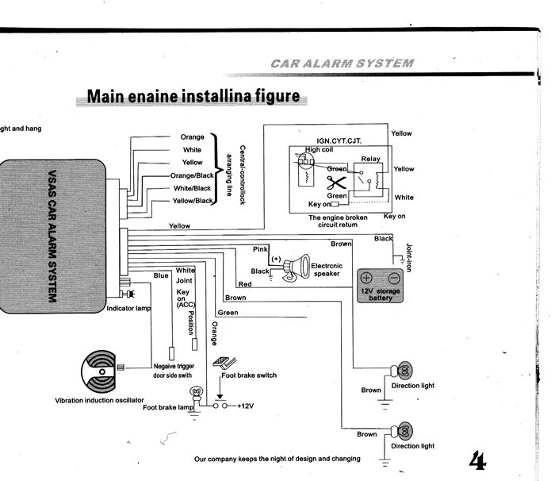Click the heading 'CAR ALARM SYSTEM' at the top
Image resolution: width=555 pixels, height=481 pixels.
tap(341, 62)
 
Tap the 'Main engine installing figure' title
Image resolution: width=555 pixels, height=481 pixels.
tap(193, 97)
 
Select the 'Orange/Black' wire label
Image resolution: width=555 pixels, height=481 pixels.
tap(192, 175)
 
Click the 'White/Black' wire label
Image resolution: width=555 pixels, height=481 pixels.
tap(192, 188)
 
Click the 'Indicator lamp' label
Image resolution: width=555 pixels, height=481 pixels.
tap(128, 308)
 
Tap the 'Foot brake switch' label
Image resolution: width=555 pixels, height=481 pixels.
tap(249, 375)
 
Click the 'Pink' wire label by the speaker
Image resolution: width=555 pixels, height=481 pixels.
tap(260, 249)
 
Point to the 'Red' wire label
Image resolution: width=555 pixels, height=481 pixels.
tap(245, 283)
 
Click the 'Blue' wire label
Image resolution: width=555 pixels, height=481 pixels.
tap(161, 276)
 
